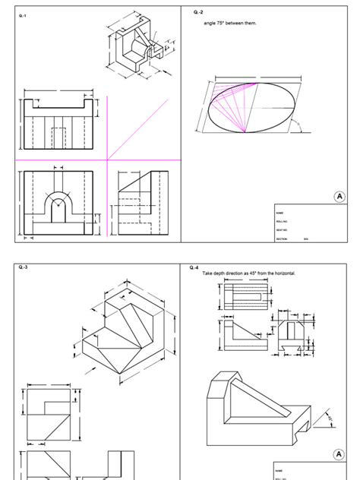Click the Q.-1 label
coord(23,16)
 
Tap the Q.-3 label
coord(23,268)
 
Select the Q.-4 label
coord(194,268)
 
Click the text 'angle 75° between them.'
coord(230,23)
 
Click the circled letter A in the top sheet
coord(339,197)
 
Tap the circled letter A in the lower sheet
coord(339,454)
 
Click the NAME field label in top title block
coord(279,213)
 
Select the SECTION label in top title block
coord(282,238)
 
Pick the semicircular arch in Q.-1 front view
coord(58,204)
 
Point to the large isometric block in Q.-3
coord(126,334)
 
